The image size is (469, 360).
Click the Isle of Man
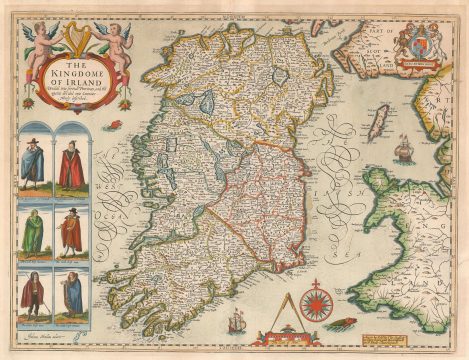pyautogui.click(x=378, y=126)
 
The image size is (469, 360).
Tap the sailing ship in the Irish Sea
pyautogui.click(x=402, y=149)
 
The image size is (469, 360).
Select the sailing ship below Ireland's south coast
pyautogui.click(x=235, y=321)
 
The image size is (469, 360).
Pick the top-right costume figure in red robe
pyautogui.click(x=71, y=166)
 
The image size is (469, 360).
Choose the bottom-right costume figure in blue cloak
pyautogui.click(x=71, y=294)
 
